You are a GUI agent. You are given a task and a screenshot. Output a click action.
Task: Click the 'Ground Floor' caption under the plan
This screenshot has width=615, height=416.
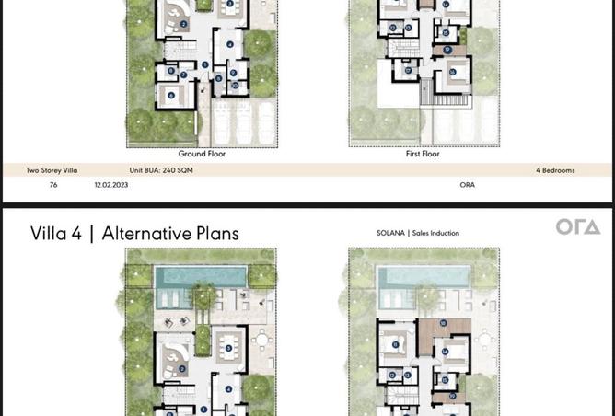(202, 154)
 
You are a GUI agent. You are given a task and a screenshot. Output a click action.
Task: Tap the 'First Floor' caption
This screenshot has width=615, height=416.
(423, 154)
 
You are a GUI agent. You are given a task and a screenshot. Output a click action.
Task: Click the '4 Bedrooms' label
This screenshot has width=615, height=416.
(554, 170)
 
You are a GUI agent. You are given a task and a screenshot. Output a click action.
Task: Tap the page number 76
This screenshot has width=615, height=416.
(53, 185)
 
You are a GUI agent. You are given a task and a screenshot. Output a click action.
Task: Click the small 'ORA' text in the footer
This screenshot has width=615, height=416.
(467, 185)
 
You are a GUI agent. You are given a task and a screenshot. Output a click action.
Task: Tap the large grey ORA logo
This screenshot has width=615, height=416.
(577, 227)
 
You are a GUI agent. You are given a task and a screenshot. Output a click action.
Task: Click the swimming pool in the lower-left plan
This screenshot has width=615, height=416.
(201, 276)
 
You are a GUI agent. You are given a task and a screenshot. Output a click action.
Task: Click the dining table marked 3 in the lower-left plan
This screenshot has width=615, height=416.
(229, 347)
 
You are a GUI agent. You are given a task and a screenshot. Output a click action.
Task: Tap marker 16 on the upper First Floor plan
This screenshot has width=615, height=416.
(452, 70)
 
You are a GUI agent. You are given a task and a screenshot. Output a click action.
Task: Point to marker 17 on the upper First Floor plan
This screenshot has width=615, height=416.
(447, 49)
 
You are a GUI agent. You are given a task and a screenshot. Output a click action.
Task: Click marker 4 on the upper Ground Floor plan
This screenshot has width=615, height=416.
(229, 43)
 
